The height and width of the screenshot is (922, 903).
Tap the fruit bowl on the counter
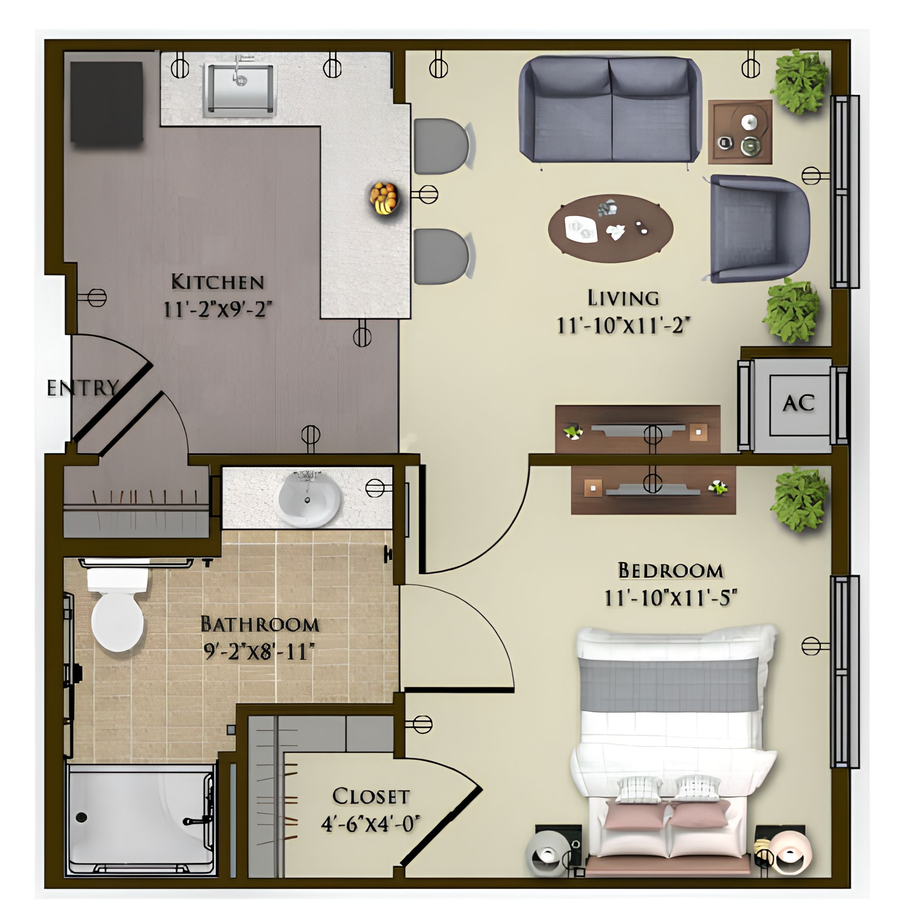click(x=384, y=198)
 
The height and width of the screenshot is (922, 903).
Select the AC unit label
click(x=799, y=403)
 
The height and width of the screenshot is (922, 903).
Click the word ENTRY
click(x=83, y=388)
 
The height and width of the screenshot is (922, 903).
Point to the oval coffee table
click(x=611, y=228)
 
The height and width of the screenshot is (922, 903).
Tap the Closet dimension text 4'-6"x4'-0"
click(x=370, y=824)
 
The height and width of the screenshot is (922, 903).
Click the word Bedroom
click(x=671, y=570)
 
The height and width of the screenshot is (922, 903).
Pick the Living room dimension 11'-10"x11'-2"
click(x=623, y=326)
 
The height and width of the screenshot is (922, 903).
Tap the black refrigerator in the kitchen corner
click(x=107, y=102)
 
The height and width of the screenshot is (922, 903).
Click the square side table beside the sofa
click(x=740, y=132)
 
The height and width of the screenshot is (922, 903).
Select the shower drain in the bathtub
click(x=81, y=817)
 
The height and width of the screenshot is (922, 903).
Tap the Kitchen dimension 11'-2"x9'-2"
click(x=218, y=309)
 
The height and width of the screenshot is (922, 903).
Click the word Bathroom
click(x=259, y=624)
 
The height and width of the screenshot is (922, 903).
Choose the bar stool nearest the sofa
click(x=442, y=146)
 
